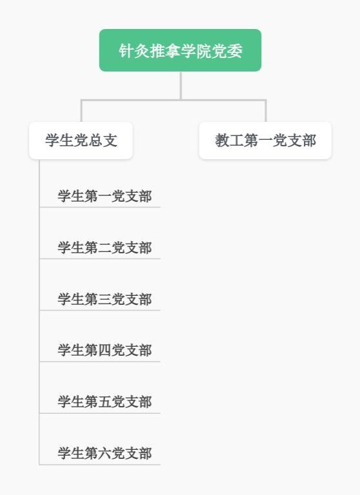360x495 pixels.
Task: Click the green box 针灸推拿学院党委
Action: pos(180,50)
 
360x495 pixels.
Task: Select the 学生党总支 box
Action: pos(81,141)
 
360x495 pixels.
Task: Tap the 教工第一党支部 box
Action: pos(266,141)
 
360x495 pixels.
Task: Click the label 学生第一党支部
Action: pos(105,196)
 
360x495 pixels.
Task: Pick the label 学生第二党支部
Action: pos(105,247)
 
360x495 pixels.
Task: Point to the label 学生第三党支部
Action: pos(105,299)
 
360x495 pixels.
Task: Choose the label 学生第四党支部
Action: pos(105,351)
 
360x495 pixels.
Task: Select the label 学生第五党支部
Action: pos(105,402)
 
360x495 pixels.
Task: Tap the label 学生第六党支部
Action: pos(105,453)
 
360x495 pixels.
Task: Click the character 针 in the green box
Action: pos(126,50)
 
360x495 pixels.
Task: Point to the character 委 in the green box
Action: pos(235,50)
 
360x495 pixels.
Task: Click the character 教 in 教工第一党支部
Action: pos(222,141)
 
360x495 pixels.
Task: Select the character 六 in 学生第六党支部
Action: pos(105,453)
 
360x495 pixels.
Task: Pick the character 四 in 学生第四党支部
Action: pos(105,351)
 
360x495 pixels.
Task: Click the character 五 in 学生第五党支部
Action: pos(105,402)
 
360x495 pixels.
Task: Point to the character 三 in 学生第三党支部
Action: pos(105,299)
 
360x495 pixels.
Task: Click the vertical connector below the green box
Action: pos(181,86)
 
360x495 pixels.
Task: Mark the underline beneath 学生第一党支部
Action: pos(100,208)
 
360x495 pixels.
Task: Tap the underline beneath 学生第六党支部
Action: pos(100,465)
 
